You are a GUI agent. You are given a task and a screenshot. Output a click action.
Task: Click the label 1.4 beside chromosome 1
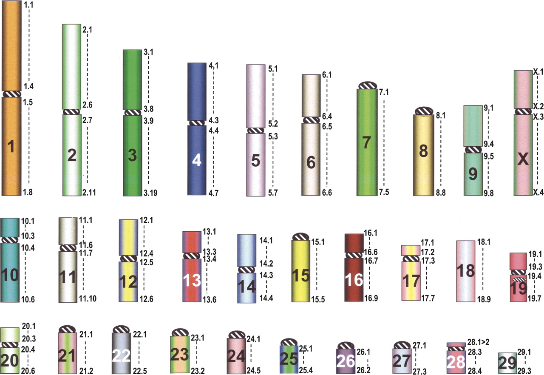[x=28, y=86]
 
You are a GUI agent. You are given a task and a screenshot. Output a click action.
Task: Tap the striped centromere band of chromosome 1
[x=11, y=94]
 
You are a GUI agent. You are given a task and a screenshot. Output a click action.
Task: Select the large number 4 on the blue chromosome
[x=197, y=160]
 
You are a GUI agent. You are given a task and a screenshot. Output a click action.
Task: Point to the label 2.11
[x=89, y=193]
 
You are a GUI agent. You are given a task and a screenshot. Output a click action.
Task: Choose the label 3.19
[x=150, y=193]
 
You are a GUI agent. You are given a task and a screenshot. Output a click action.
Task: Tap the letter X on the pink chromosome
[x=523, y=159]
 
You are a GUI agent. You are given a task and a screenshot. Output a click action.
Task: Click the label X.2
[x=538, y=106]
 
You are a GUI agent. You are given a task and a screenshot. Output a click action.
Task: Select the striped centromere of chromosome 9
[x=473, y=149]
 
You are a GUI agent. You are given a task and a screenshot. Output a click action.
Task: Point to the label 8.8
[x=441, y=193]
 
